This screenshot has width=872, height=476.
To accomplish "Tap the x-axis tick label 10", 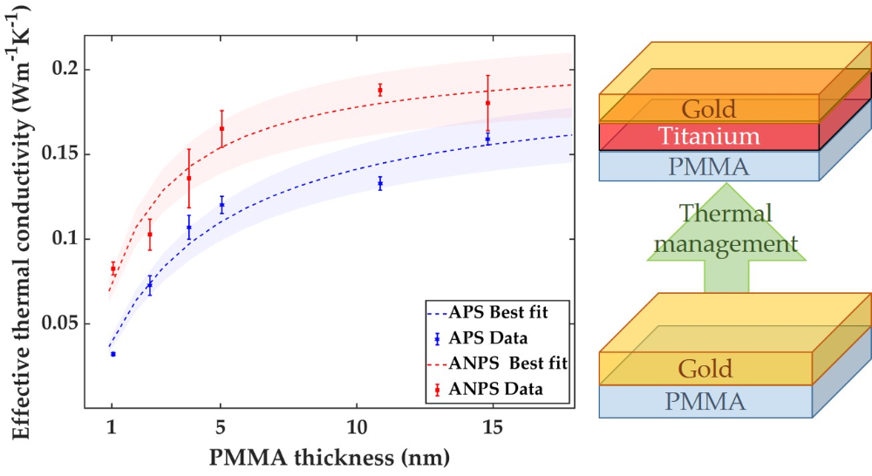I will coord(358,428).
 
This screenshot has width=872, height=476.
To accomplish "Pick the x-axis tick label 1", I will coord(112,428).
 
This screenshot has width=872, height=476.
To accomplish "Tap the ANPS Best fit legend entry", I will coord(497,363).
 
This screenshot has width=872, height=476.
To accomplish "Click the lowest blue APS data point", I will coord(113,354).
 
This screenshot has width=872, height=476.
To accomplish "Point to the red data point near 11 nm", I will coord(380,90).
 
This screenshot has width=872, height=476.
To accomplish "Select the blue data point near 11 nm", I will coord(380,184).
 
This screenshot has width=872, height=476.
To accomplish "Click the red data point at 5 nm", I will coord(222,128).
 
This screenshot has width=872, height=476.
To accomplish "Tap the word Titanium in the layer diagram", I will coord(710,137).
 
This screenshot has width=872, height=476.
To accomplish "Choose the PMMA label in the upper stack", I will coord(708,166).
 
